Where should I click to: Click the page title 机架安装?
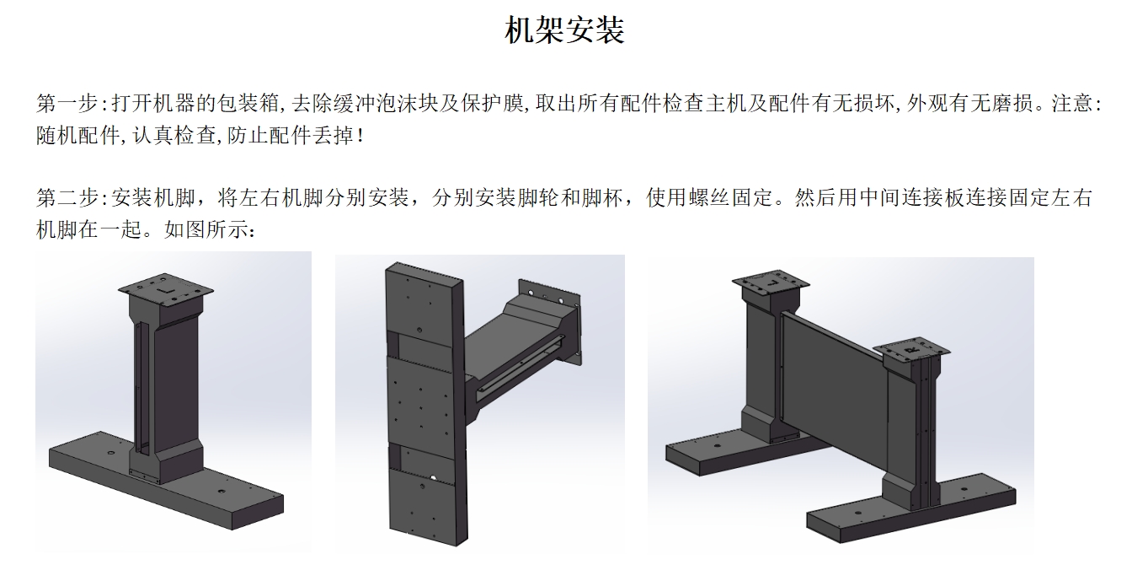[x=565, y=30]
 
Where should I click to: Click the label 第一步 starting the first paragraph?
[x=67, y=103]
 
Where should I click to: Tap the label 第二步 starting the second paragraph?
[x=67, y=197]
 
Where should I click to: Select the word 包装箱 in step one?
[x=248, y=103]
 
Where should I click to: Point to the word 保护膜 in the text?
[x=492, y=103]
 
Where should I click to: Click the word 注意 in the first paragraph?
[x=1072, y=103]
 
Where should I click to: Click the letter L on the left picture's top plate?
[x=165, y=291]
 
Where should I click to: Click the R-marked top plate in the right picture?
[x=911, y=350]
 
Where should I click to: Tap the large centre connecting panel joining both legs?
[x=834, y=385]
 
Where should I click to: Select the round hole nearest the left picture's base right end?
[x=221, y=492]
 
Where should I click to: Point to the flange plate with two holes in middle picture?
[x=551, y=320]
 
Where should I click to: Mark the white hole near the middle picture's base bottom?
[x=433, y=477]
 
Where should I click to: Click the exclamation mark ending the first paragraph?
[x=360, y=136]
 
